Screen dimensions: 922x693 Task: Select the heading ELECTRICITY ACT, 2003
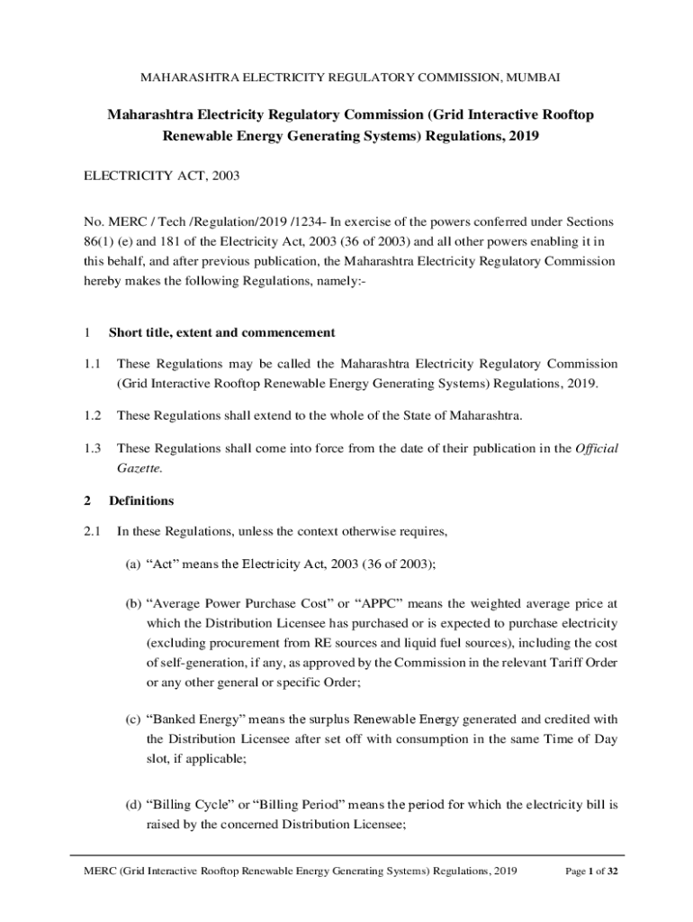click(x=156, y=176)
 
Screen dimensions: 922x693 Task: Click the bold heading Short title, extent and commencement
click(x=221, y=332)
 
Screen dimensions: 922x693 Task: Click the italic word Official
click(x=596, y=447)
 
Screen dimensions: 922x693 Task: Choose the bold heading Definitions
click(x=141, y=501)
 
